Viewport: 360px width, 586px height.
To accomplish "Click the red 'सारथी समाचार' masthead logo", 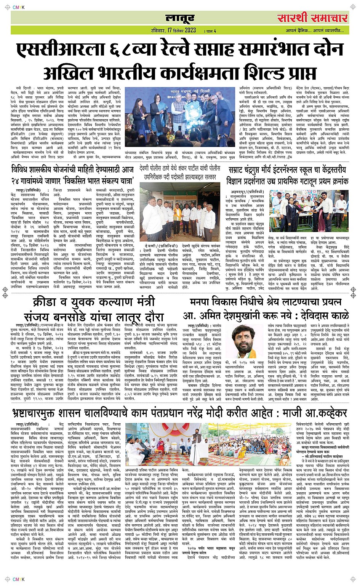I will pyautogui.click(x=312, y=18).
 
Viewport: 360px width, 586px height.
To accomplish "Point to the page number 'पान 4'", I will pyautogui.click(x=210, y=31).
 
